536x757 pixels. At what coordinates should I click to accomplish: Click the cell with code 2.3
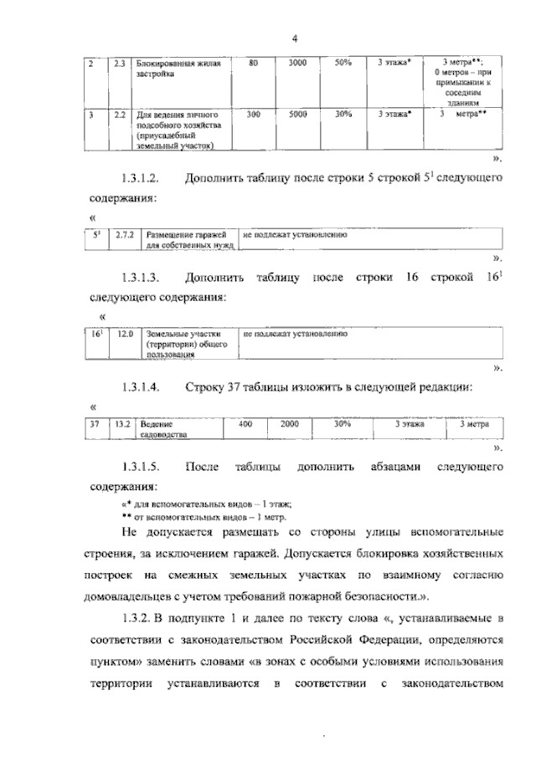120,64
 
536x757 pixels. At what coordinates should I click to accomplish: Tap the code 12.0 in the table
125,334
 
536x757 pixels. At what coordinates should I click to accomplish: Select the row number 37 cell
95,425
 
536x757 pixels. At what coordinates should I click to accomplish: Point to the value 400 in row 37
245,425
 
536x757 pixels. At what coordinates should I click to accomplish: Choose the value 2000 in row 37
290,425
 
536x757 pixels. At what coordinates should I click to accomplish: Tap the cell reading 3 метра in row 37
474,425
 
